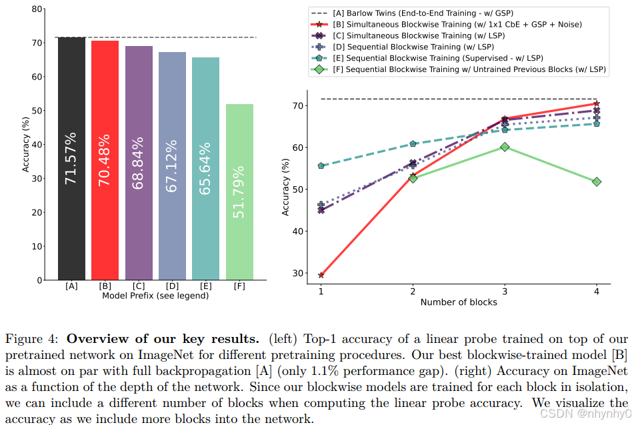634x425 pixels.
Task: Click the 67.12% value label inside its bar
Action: point(172,165)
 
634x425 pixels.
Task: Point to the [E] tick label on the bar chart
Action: point(206,286)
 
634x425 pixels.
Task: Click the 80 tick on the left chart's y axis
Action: point(37,9)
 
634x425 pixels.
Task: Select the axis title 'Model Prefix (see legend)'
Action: point(155,296)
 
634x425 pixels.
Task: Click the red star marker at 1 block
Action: point(321,275)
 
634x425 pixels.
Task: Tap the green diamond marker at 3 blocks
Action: point(505,147)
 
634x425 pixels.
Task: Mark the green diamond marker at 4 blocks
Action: point(597,181)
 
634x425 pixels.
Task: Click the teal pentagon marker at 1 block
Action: point(321,165)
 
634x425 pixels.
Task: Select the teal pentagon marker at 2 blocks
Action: point(413,143)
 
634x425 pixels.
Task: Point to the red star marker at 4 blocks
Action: point(597,103)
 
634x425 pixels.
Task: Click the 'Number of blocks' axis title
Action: point(459,302)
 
